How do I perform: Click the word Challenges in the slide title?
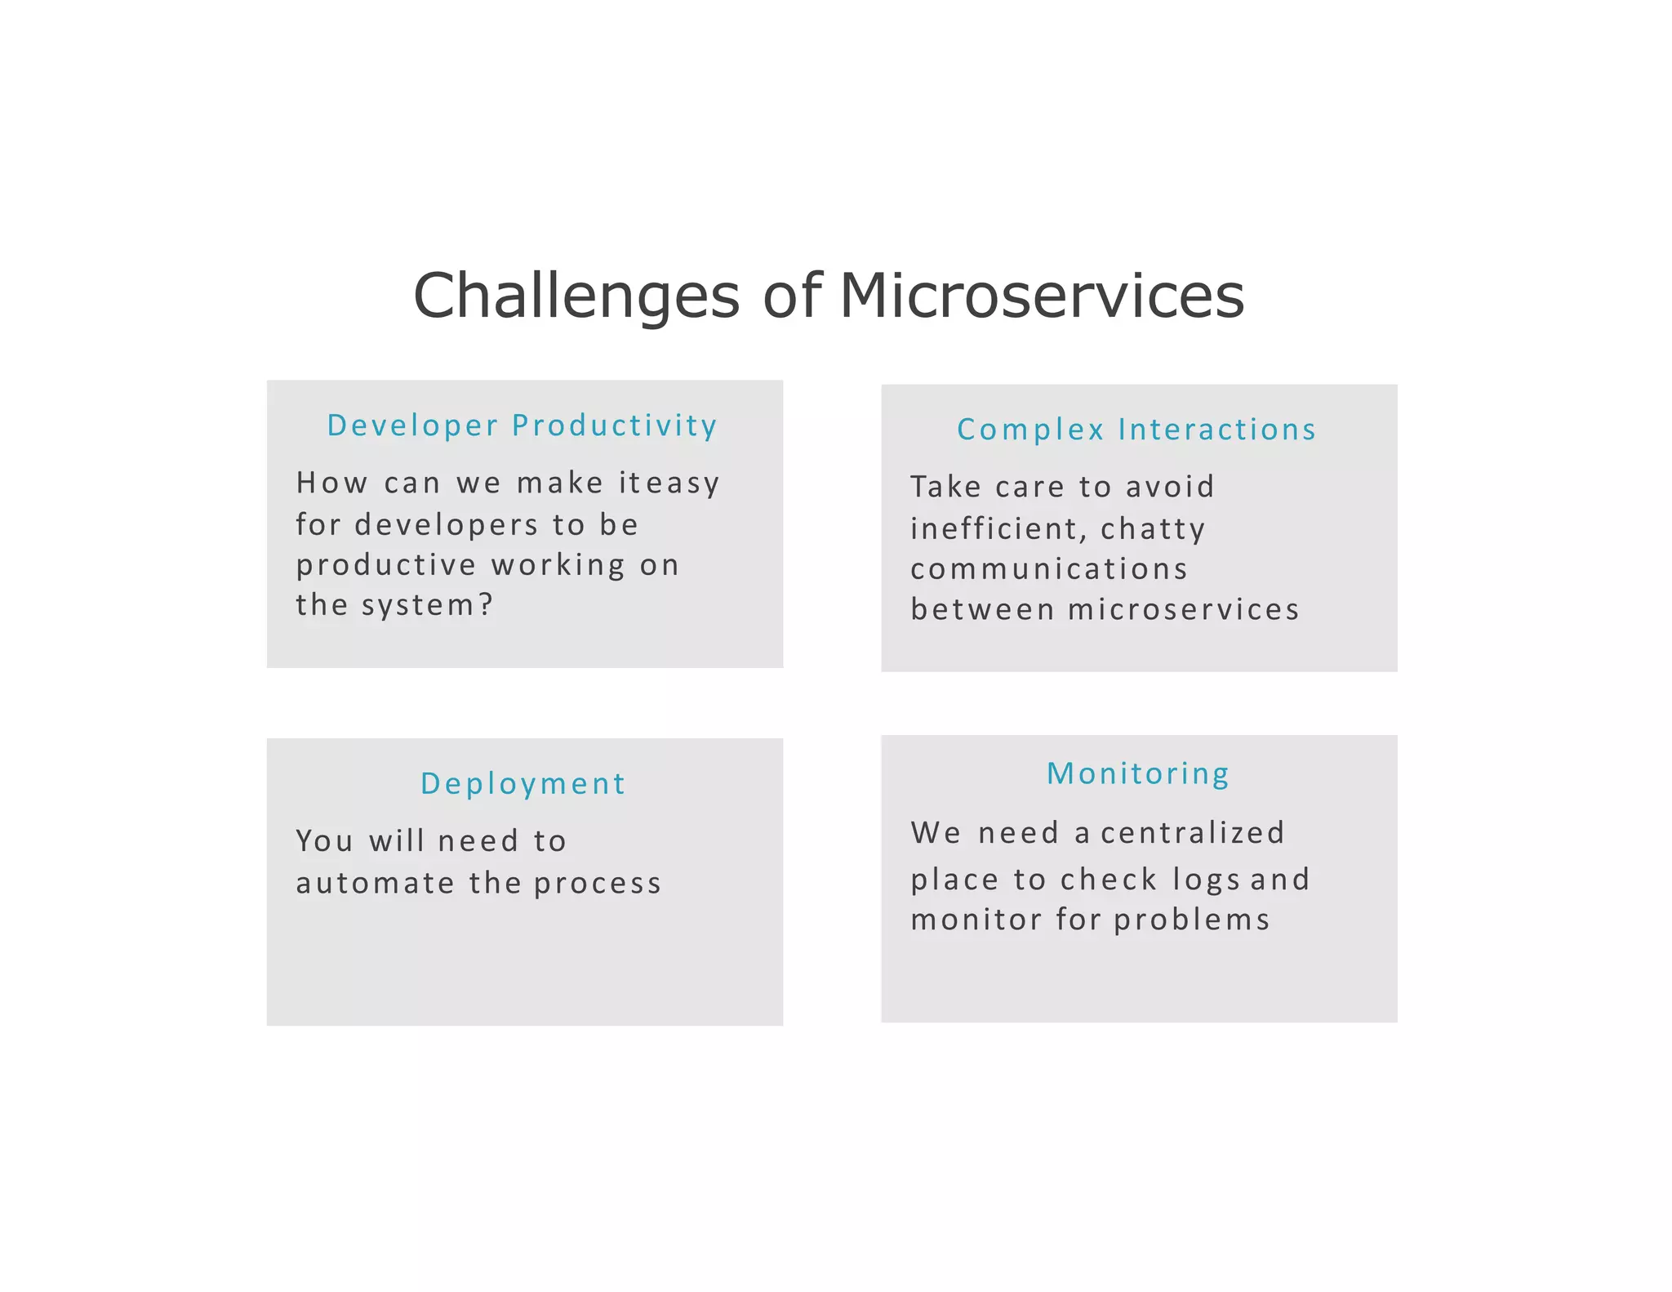(x=576, y=296)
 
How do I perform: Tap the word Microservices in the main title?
(x=1042, y=296)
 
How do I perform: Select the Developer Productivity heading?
(x=522, y=425)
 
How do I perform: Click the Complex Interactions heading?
(x=1136, y=430)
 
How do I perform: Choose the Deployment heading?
(x=523, y=784)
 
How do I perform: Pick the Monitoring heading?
(x=1138, y=773)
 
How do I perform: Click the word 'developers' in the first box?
(x=447, y=525)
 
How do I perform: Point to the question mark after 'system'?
(x=487, y=605)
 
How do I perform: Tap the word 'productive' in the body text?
(x=386, y=566)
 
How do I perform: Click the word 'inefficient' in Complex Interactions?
(x=999, y=529)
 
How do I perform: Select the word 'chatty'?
(x=1153, y=529)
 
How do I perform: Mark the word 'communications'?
(x=1049, y=569)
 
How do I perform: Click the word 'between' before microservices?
(x=983, y=610)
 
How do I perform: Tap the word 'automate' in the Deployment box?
(x=375, y=884)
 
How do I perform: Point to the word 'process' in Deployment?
(x=598, y=884)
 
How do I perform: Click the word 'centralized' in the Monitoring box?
(x=1193, y=833)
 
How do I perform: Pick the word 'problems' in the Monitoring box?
(x=1192, y=920)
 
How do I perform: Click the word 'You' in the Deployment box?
(x=324, y=841)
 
